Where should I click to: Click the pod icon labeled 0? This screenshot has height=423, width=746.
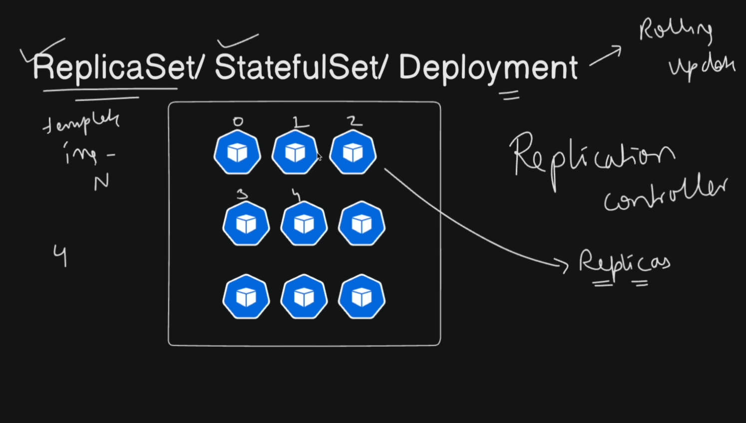(237, 152)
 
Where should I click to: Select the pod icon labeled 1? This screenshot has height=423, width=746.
(295, 152)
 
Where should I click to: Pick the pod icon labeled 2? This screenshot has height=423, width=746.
(353, 152)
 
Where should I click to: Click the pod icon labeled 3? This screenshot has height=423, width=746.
(246, 224)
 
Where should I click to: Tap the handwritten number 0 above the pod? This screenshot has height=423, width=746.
(238, 121)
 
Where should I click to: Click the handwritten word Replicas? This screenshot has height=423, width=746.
(624, 262)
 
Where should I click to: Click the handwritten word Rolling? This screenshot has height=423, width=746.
(675, 30)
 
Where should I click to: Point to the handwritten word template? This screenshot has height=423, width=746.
(81, 123)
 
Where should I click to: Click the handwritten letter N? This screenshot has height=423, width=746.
(101, 183)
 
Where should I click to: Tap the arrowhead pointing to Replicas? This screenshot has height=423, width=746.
(564, 265)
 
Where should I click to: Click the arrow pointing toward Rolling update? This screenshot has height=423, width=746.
(606, 56)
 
